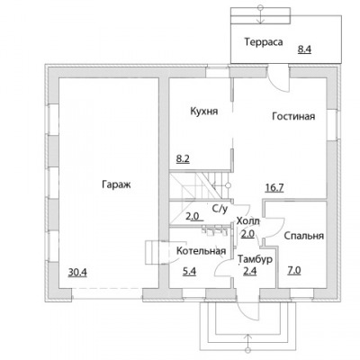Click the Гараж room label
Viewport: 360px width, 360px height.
tap(116, 184)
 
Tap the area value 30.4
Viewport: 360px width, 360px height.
tap(77, 273)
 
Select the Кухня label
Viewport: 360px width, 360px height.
tap(204, 112)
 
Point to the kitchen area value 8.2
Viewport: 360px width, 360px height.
tap(183, 158)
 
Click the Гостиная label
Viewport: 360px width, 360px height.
tap(293, 116)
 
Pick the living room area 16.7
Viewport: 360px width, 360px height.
tap(274, 188)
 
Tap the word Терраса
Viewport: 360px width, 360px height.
tap(264, 41)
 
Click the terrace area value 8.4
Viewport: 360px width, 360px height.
tap(304, 49)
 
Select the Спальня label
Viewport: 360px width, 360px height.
tap(304, 236)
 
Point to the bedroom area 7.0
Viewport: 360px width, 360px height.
tap(294, 271)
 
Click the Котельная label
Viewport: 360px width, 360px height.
tap(201, 251)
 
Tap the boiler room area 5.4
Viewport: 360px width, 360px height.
tap(189, 272)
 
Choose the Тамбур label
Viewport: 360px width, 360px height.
tap(255, 259)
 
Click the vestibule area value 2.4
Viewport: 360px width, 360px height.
tap(249, 272)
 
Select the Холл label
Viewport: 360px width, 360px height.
tap(248, 221)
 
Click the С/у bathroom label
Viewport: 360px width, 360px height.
tap(220, 209)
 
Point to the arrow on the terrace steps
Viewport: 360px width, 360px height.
tap(261, 14)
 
